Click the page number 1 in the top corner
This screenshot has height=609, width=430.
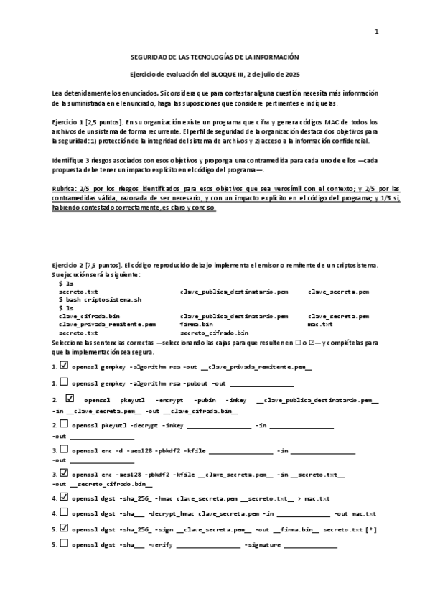(x=375, y=32)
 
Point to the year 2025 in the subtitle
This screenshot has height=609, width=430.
(x=291, y=74)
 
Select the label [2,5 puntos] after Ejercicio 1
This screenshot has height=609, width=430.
(x=101, y=124)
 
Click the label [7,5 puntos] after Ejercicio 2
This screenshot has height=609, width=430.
(x=101, y=266)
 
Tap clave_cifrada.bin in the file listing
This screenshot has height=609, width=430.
(x=89, y=316)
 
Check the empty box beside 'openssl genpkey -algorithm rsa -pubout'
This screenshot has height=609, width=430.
(x=65, y=383)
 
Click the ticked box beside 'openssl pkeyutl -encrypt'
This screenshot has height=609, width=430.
(x=70, y=398)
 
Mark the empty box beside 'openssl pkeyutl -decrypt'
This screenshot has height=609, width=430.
(x=65, y=425)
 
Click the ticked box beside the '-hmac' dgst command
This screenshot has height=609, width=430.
(x=65, y=496)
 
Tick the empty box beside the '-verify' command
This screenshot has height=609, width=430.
(x=65, y=544)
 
